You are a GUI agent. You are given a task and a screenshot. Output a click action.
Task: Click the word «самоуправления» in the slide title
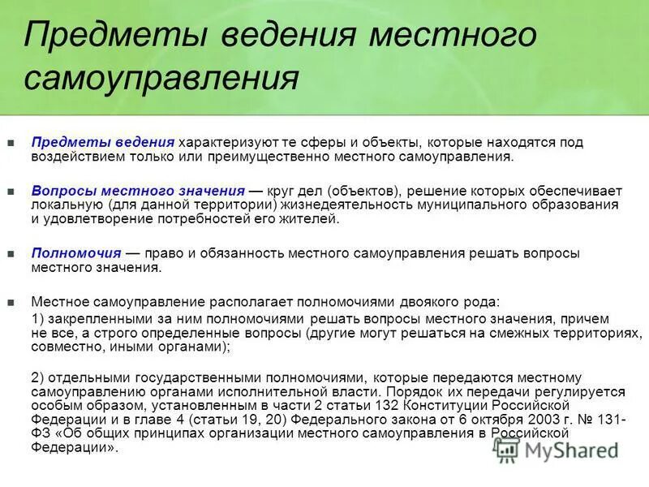162,78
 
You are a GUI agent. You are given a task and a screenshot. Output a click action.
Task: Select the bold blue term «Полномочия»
76,253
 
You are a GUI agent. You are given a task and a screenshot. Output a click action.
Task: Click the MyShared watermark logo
560,451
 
